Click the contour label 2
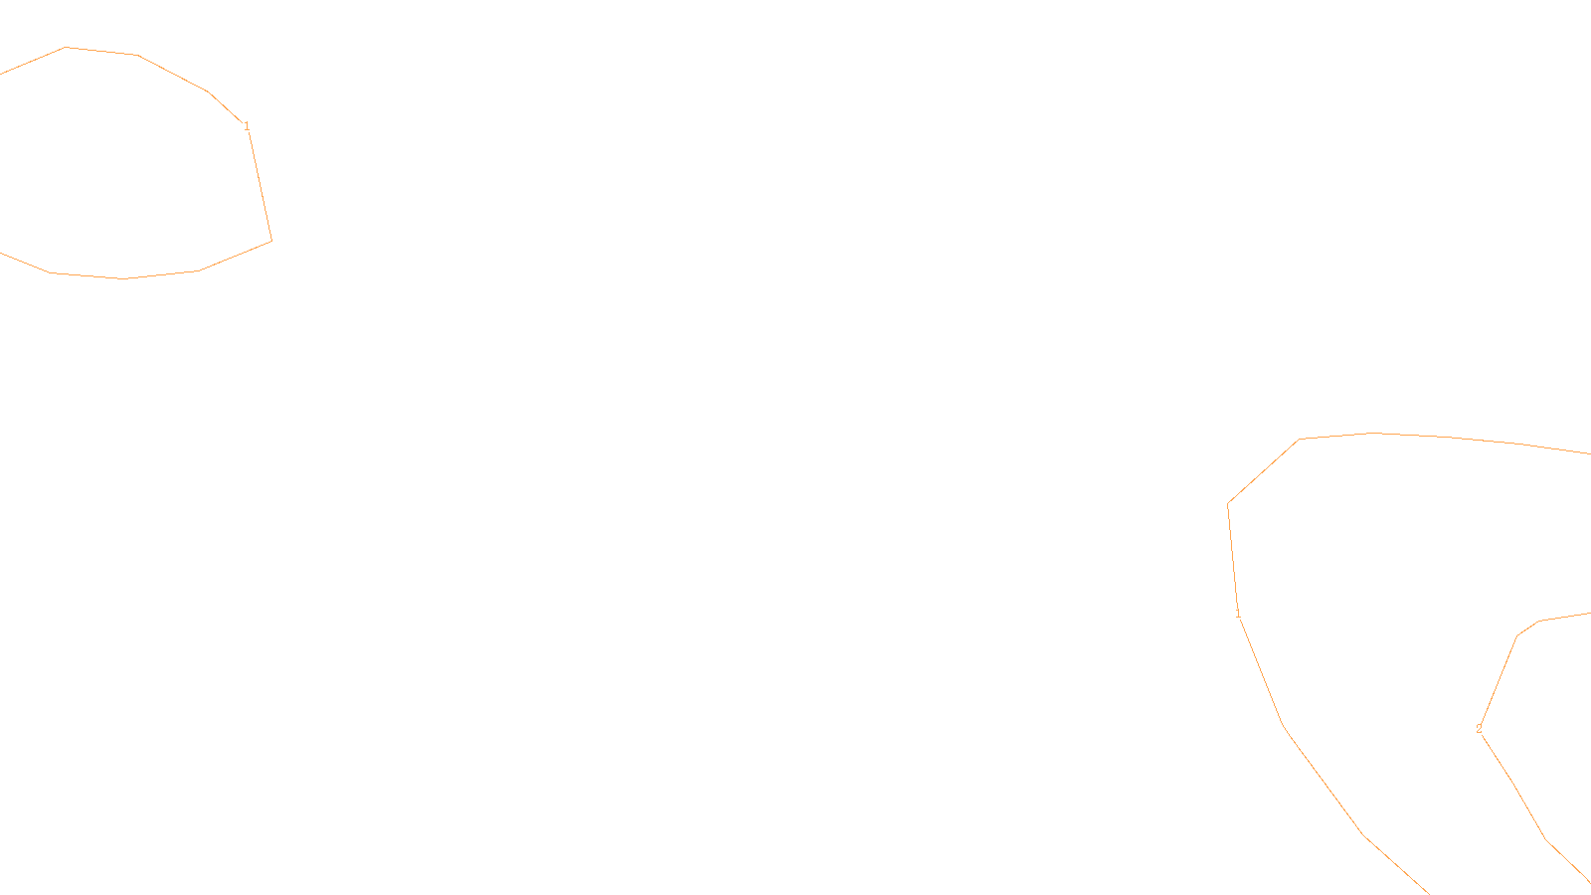(1479, 729)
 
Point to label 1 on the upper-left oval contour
(247, 126)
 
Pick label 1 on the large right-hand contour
(1238, 614)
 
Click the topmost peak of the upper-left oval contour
(66, 47)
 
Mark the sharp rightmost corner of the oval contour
(271, 241)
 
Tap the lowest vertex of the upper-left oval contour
(124, 278)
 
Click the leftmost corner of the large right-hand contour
(1228, 504)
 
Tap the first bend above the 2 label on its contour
(1517, 636)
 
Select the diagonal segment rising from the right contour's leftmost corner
(1263, 472)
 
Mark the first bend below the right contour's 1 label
(1284, 724)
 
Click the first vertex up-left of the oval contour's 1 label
(208, 91)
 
